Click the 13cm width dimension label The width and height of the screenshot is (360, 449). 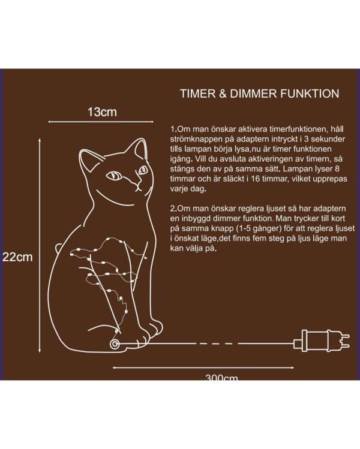coord(102,112)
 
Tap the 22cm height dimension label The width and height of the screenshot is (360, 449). coord(17,257)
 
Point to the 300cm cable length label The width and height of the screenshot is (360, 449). coord(221,378)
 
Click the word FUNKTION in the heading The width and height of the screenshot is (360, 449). coord(310,94)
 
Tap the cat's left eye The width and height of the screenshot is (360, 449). coord(115,175)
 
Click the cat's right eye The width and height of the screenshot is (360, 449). coord(143,170)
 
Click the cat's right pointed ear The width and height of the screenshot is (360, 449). coord(141,148)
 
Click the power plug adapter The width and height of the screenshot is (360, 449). coord(322,340)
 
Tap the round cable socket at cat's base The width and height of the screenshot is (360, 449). coord(115,344)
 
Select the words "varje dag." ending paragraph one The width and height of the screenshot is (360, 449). coord(188,189)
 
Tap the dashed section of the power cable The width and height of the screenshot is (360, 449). coord(214,343)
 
